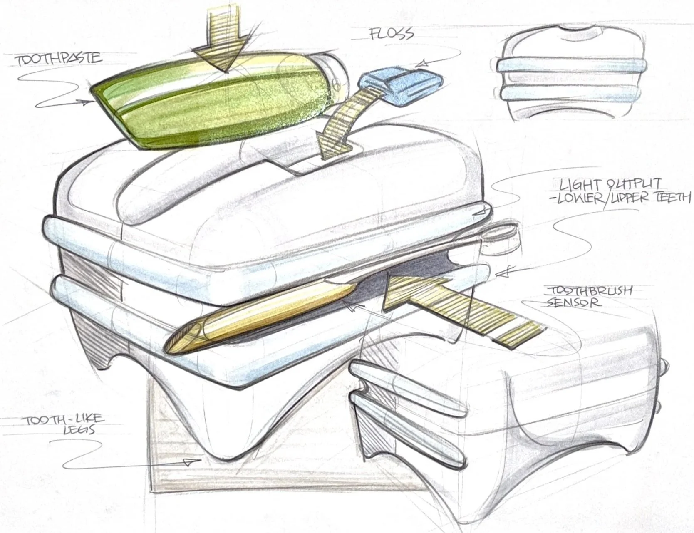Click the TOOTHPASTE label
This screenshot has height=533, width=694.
tap(59, 59)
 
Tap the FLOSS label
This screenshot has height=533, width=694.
tap(392, 33)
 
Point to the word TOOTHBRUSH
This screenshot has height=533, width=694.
tap(590, 291)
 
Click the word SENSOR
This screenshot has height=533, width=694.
tap(573, 302)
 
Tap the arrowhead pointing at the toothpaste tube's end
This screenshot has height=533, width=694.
tap(86, 101)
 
